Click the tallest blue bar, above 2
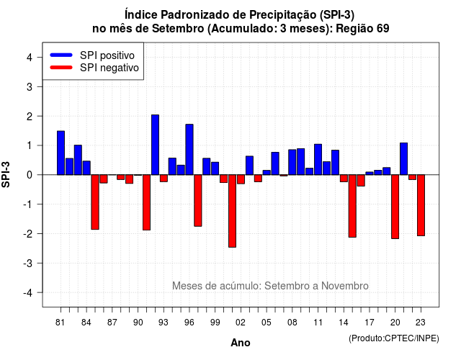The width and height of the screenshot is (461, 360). click(x=155, y=145)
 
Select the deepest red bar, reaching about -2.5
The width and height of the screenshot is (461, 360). click(x=232, y=211)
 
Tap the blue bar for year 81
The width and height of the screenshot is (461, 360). click(x=61, y=153)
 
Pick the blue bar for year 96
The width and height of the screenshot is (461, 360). click(x=189, y=150)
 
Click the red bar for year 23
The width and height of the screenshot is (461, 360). click(x=421, y=205)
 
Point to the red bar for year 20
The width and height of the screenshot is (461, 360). click(x=395, y=207)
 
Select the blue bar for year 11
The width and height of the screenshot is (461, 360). click(x=318, y=160)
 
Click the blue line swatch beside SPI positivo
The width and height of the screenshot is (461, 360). click(x=61, y=55)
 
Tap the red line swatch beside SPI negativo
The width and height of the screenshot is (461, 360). click(x=61, y=68)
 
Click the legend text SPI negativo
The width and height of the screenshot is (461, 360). click(x=109, y=68)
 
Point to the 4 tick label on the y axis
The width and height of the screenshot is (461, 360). click(x=30, y=58)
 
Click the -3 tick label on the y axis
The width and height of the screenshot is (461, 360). click(x=27, y=263)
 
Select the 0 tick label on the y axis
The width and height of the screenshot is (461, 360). click(x=30, y=175)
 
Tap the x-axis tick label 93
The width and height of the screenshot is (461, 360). click(x=164, y=323)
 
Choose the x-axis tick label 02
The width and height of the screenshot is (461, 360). click(x=241, y=323)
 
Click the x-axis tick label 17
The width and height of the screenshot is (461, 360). click(x=370, y=323)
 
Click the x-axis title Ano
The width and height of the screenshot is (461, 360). click(x=241, y=343)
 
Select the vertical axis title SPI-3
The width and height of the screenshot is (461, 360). click(x=6, y=174)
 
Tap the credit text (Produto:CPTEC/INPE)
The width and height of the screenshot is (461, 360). click(x=394, y=338)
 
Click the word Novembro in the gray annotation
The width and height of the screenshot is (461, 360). click(x=344, y=286)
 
